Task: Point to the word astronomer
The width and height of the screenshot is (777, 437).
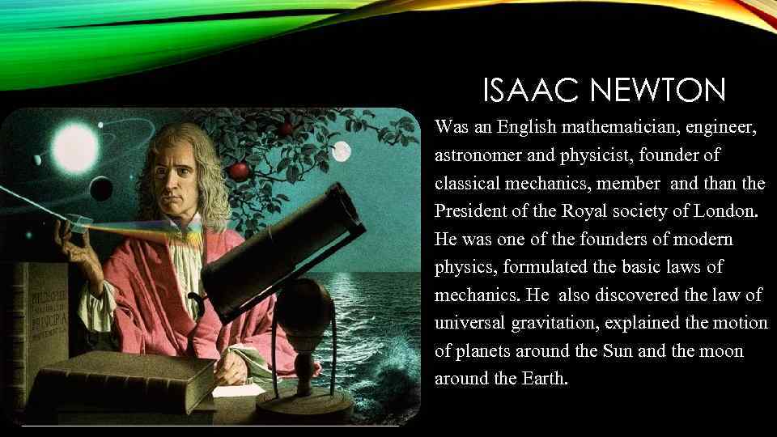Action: [477, 155]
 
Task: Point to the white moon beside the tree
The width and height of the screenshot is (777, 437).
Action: [342, 151]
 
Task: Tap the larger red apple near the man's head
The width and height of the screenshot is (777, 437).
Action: [240, 170]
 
